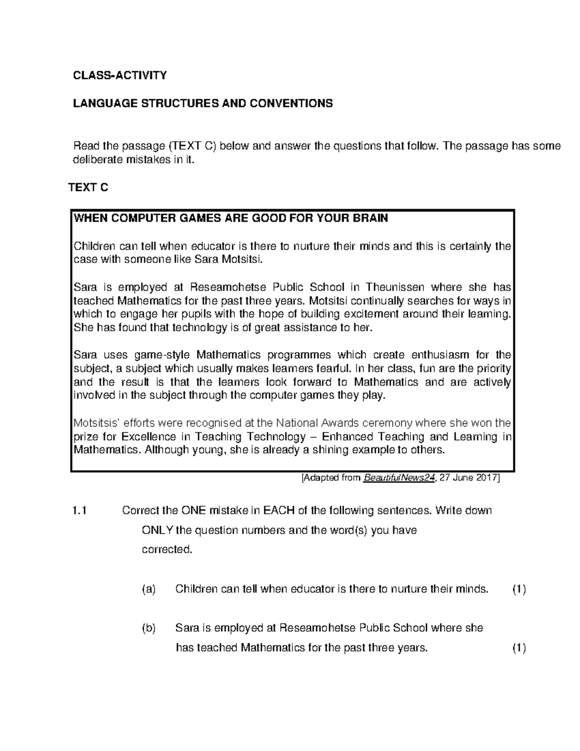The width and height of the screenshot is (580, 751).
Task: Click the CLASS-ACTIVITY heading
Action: [x=119, y=75]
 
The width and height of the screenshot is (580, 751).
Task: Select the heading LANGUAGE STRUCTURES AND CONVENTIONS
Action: [x=203, y=103]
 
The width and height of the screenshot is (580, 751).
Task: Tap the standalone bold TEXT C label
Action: [x=88, y=188]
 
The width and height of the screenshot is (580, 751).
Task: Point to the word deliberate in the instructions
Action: [x=96, y=160]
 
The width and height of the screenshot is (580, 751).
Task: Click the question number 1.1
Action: [x=79, y=511]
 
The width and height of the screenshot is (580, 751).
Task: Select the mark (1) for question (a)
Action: [x=519, y=589]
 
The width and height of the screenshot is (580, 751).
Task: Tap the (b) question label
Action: [x=149, y=628]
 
